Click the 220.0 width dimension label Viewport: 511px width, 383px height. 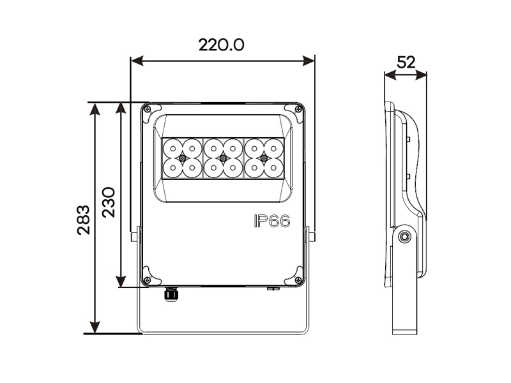pos(221,45)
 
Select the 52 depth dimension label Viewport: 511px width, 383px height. pos(406,62)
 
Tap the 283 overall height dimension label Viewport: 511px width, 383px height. pos(84,220)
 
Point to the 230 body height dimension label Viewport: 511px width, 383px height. pos(109,202)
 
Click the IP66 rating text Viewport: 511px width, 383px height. pos(272,222)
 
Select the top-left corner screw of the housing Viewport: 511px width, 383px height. pos(148,109)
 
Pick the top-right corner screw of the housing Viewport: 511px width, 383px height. pos(298,109)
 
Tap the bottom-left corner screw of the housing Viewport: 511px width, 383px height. pos(148,279)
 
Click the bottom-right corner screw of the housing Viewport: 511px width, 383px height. pos(298,280)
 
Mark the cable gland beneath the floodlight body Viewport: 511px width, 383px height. pos(171,294)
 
